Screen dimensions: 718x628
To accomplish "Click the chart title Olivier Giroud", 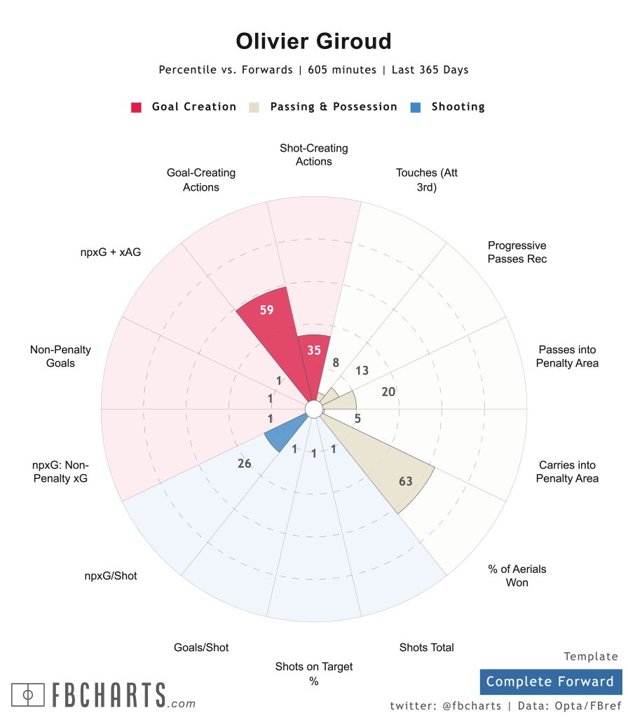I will pos(313,41).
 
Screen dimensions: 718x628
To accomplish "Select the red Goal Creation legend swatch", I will pos(137,107).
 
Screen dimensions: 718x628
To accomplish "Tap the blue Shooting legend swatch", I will pos(416,107).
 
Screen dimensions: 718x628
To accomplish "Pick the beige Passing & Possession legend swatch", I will pos(254,107).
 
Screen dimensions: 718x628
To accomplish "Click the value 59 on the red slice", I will pos(266,310).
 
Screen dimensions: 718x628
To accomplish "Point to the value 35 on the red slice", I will pos(314,350).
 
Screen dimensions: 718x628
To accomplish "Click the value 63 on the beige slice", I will pos(405,481).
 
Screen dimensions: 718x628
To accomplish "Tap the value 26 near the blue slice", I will pos(245,463).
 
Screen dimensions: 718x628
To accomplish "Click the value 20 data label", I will pos(388,392).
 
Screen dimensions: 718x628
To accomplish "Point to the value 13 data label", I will pos(362,371).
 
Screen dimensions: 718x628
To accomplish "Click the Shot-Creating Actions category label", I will pos(313,155).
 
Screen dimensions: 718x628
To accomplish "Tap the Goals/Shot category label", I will pos(201,647).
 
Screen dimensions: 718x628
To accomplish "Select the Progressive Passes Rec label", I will pos(517,252).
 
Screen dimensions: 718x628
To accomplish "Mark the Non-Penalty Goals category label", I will pos(60,356).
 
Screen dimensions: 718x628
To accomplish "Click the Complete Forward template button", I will pos(549,682).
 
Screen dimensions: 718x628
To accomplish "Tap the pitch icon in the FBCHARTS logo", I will pos(28,695).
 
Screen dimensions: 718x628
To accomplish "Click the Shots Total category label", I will pos(426,647).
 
